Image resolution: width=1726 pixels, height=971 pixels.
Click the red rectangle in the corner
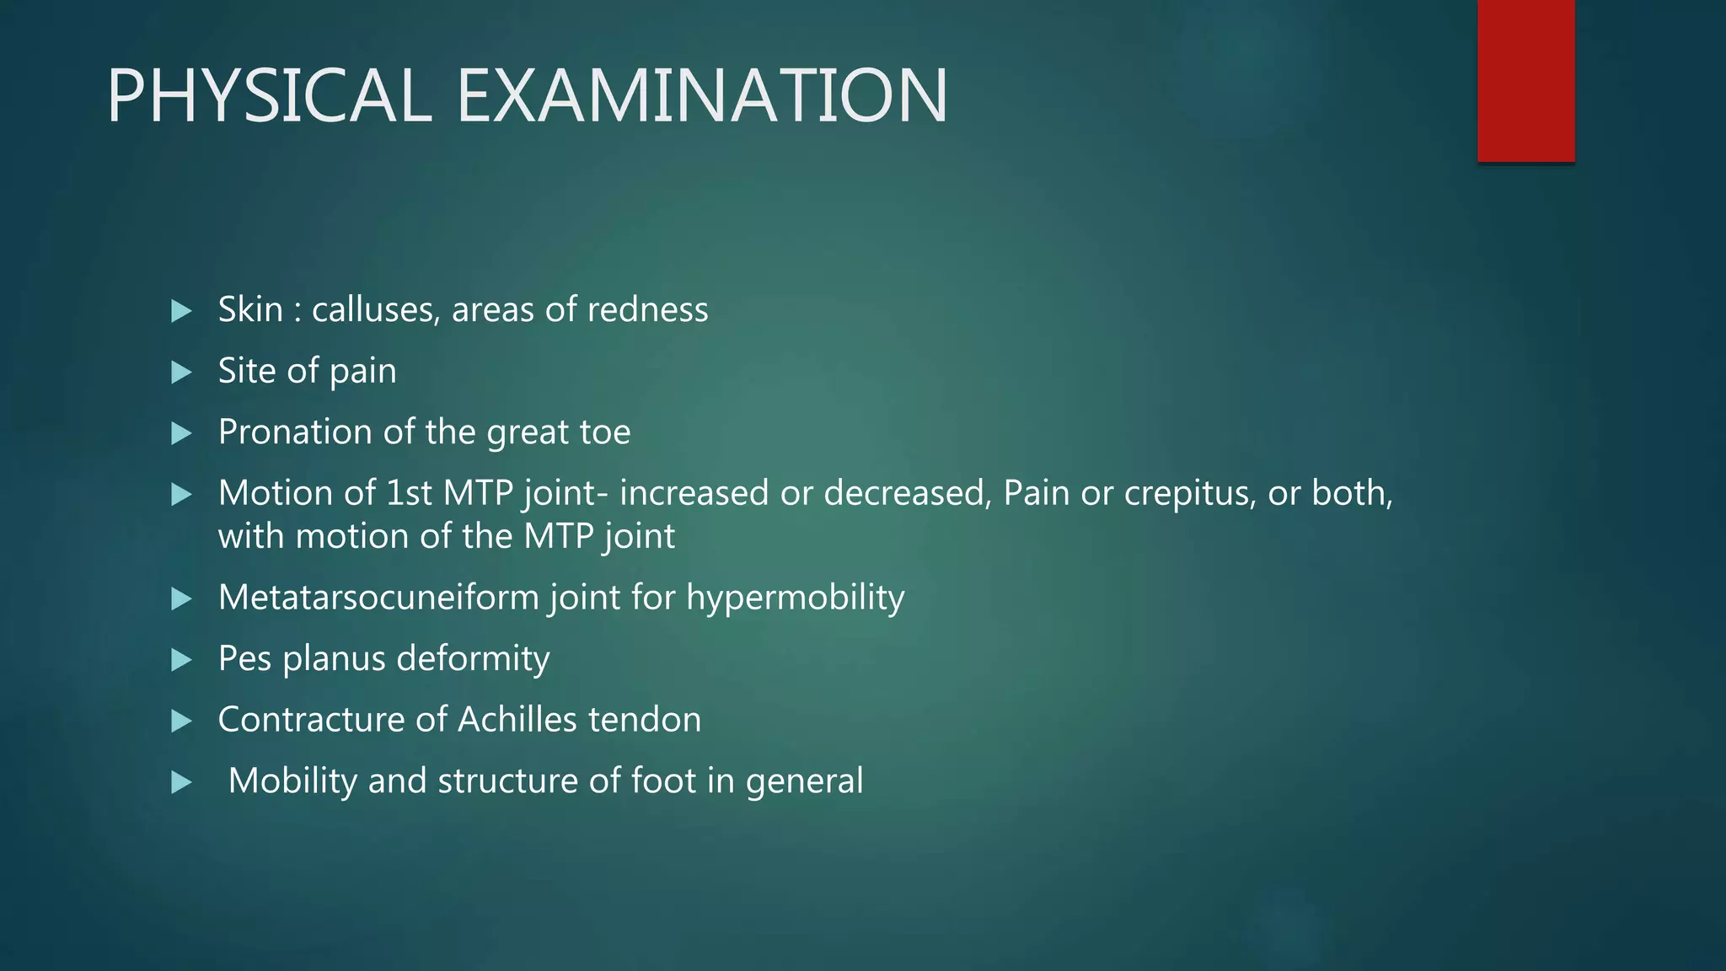pos(1525,80)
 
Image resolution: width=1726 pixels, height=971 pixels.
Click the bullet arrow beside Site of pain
pos(181,373)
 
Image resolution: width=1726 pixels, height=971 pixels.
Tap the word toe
pos(605,432)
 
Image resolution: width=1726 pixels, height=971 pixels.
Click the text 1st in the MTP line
pos(409,493)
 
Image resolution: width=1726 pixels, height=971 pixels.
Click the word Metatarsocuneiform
pos(379,598)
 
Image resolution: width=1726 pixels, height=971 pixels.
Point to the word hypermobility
pos(795,598)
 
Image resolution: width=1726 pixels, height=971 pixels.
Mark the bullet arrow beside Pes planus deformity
pos(181,660)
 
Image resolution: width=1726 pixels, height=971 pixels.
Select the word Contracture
pos(311,720)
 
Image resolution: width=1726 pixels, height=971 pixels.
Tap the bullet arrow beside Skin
pos(181,311)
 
